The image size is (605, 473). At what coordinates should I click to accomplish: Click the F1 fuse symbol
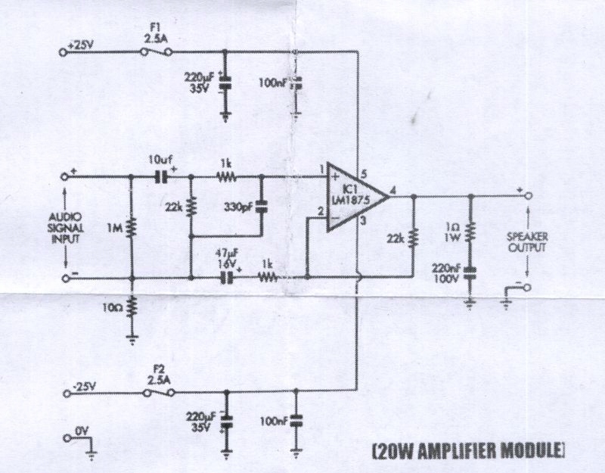click(x=156, y=51)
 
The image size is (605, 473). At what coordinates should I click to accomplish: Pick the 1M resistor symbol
click(x=132, y=226)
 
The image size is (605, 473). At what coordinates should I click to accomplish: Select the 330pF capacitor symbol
click(x=261, y=205)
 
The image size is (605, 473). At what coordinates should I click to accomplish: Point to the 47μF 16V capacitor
click(x=225, y=277)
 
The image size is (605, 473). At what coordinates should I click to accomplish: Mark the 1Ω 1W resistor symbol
click(x=470, y=230)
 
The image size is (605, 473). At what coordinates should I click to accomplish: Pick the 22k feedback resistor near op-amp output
click(x=413, y=238)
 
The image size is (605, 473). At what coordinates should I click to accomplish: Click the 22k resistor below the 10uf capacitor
click(x=190, y=206)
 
